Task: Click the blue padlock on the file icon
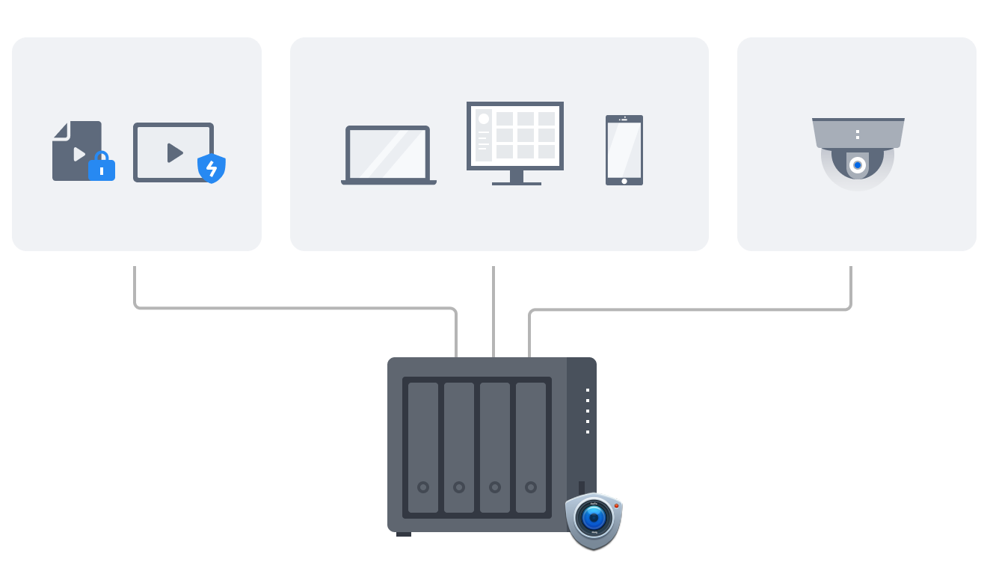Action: point(102,167)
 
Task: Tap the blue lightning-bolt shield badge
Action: point(212,168)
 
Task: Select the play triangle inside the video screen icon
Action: point(174,152)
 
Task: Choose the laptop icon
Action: point(388,155)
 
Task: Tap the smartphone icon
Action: point(624,149)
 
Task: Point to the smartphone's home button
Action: point(624,180)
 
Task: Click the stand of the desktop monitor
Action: point(516,178)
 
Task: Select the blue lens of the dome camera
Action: point(858,165)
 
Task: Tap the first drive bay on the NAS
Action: point(423,447)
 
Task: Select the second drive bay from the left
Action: point(459,447)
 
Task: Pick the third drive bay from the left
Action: point(495,447)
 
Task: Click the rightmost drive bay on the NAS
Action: point(531,447)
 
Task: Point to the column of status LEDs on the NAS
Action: point(588,410)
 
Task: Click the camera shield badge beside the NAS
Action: point(594,519)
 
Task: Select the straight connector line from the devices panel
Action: point(493,310)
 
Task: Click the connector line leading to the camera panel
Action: point(688,309)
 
